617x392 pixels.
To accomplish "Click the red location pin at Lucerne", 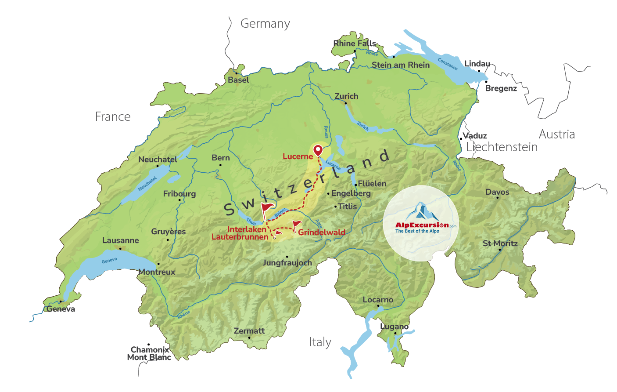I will [x=318, y=151].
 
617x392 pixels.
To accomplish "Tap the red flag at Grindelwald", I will [x=297, y=225].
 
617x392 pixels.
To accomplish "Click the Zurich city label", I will [x=346, y=96].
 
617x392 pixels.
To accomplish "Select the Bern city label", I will [x=221, y=158].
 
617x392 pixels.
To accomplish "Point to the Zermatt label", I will [x=249, y=331].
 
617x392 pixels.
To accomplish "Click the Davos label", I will [x=497, y=192].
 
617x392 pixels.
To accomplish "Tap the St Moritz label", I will [x=500, y=243].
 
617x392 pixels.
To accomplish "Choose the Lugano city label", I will [x=394, y=327].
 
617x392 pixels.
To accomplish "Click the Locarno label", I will [x=378, y=300].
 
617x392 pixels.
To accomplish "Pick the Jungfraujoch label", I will [x=287, y=263].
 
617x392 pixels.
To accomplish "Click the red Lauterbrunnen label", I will [x=240, y=237].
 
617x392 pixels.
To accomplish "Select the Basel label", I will [x=238, y=80].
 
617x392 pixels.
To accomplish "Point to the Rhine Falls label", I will [x=355, y=44].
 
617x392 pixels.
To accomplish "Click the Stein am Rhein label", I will [x=401, y=65].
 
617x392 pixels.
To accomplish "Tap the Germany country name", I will [x=265, y=24].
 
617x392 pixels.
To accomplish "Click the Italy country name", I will [x=320, y=342].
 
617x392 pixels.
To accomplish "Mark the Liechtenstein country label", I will [x=502, y=147].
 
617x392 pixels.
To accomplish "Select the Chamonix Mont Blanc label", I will [x=149, y=353].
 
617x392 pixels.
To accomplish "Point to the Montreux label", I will [x=157, y=272].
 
